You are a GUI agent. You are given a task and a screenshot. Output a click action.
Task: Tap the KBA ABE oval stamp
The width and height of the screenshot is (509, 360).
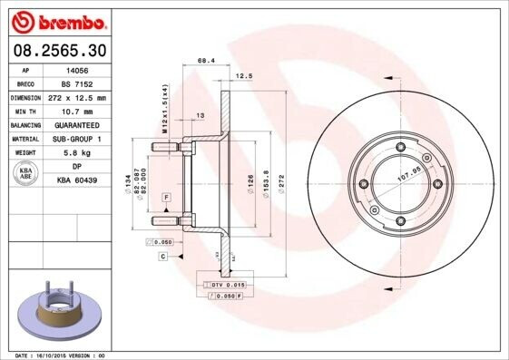click(x=26, y=174)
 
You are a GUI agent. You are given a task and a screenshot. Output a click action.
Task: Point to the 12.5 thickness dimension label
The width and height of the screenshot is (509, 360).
click(x=242, y=76)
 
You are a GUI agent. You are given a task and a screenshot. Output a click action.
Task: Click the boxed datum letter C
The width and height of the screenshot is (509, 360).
click(x=162, y=258)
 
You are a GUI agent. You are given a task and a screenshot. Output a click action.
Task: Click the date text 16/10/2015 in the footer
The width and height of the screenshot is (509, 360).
click(x=57, y=355)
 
